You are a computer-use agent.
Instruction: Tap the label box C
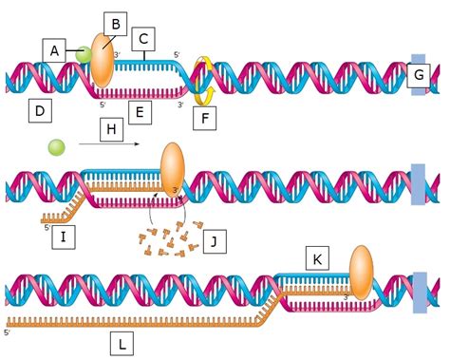click(x=144, y=40)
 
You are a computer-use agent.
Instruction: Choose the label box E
click(x=141, y=113)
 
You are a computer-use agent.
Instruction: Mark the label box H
click(x=110, y=126)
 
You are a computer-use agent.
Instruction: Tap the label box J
click(x=218, y=242)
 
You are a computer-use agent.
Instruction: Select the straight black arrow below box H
click(x=109, y=143)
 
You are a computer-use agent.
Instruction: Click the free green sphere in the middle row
click(x=57, y=147)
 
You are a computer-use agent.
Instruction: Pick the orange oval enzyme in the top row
click(x=103, y=63)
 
